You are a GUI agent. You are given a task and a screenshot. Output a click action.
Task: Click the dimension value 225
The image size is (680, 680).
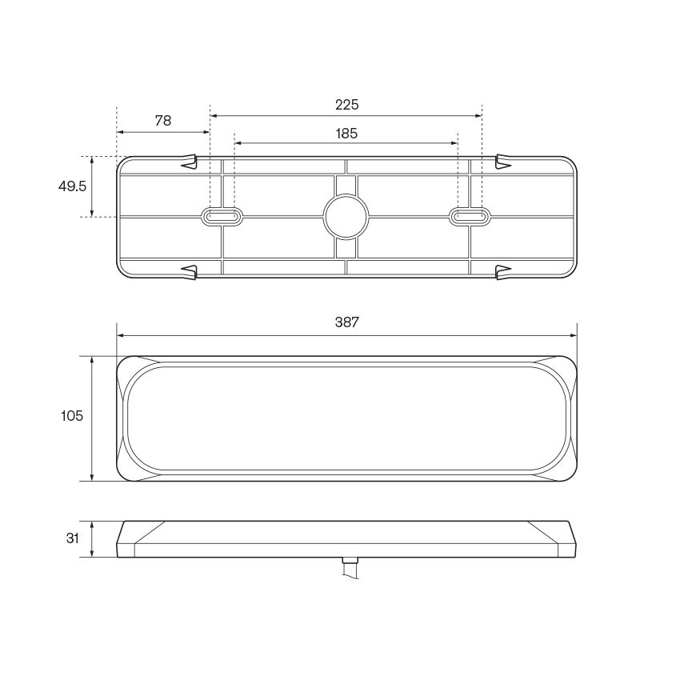346,105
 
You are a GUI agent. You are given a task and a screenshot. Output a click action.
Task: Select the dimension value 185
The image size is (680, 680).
346,134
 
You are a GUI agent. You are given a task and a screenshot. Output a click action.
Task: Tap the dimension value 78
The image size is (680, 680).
162,121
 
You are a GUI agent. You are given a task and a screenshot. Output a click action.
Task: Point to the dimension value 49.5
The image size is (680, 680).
72,186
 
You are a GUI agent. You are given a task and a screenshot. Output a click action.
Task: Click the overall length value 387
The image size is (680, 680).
346,322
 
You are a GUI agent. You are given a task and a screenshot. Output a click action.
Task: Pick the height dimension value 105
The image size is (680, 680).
72,416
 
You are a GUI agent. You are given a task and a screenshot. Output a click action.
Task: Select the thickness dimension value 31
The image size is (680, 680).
73,538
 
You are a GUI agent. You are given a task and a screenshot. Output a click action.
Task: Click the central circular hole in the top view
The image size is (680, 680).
346,216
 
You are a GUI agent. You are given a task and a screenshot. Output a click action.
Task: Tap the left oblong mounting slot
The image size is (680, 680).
222,216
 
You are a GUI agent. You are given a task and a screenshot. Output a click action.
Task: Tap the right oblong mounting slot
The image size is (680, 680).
470,216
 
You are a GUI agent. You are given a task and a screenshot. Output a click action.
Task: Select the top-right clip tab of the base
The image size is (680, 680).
504,162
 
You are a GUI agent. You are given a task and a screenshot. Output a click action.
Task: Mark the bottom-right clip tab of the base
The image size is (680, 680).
504,272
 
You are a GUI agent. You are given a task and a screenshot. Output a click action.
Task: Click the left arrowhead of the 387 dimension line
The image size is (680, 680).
121,336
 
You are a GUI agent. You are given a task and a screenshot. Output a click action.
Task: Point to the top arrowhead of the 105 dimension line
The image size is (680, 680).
93,360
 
